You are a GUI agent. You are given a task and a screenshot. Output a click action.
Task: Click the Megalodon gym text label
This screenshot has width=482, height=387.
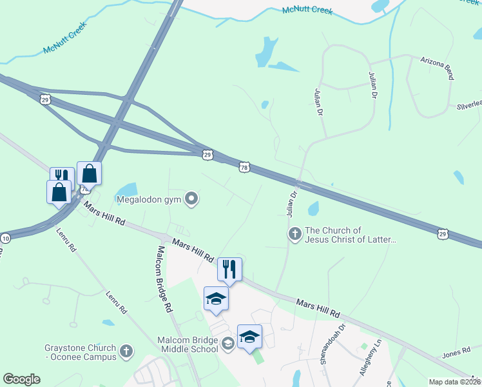point(149,199)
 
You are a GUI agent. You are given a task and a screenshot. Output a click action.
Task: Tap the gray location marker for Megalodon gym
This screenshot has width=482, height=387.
point(191,199)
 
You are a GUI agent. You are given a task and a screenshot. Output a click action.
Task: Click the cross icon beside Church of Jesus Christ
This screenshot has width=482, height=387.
point(294,233)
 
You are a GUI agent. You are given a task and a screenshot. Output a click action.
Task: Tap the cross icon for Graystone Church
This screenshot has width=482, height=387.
point(126,352)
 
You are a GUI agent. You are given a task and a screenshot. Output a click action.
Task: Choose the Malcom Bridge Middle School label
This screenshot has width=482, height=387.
point(188,344)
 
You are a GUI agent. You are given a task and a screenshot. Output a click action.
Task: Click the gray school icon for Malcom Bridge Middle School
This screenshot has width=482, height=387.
point(227,344)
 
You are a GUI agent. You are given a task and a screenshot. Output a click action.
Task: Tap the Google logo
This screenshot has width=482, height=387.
point(21,379)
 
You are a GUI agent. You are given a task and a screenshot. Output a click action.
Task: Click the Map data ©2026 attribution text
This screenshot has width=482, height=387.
point(454,382)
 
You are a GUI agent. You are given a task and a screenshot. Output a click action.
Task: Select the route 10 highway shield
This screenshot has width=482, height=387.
point(5,237)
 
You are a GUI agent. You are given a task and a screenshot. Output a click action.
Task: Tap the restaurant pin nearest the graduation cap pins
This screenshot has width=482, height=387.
point(229,268)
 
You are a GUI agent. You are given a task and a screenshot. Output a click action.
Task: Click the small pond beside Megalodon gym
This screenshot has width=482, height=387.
point(128,189)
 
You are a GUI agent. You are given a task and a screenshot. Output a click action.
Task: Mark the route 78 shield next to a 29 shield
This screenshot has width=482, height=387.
point(244,167)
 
